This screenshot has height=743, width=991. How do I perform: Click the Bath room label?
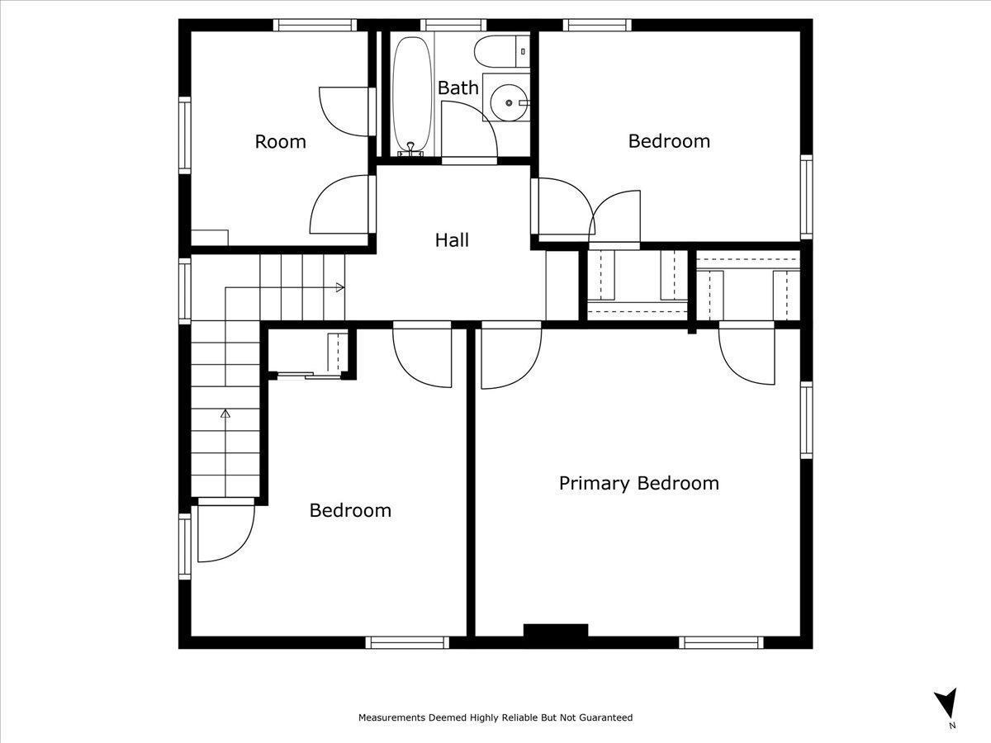point(458,88)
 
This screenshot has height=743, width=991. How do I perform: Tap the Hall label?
point(452,240)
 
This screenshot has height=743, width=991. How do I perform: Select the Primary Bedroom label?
point(639,484)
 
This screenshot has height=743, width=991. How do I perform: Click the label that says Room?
point(280,142)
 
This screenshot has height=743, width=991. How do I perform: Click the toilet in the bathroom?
point(501,51)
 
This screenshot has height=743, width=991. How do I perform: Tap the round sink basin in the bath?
point(509,103)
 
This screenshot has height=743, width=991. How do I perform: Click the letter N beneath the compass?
point(952,738)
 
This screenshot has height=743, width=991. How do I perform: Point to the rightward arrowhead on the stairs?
point(340,287)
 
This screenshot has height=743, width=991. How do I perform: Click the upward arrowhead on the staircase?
point(225,414)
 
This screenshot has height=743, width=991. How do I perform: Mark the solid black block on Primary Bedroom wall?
point(555,630)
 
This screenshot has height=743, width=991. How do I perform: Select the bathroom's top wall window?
point(453,25)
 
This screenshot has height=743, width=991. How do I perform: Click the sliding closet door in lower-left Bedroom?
point(309,375)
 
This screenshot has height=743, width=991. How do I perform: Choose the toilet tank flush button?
point(523,51)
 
